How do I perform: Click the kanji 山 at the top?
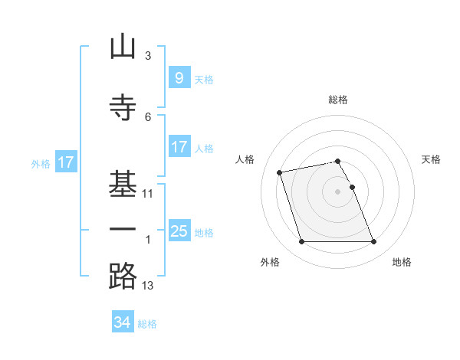click(123, 46)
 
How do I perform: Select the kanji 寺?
click(123, 107)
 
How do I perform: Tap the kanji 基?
click(123, 184)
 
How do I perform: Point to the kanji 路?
click(123, 276)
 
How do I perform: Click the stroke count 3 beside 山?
click(148, 56)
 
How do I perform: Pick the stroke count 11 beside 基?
click(147, 194)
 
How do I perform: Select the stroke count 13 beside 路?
click(147, 286)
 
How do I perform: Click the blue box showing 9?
click(179, 77)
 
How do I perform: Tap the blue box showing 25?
click(179, 230)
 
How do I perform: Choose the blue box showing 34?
click(123, 321)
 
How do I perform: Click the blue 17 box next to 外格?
click(66, 162)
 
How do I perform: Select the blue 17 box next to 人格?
click(179, 146)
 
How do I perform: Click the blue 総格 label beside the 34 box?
click(147, 324)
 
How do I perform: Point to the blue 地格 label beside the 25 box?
click(204, 233)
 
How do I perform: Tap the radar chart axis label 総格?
click(338, 100)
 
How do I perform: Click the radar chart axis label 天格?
click(431, 159)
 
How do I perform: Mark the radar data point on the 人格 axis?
click(279, 172)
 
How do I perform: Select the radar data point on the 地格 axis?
click(374, 241)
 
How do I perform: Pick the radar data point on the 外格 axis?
click(301, 241)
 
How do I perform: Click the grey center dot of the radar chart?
click(337, 191)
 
